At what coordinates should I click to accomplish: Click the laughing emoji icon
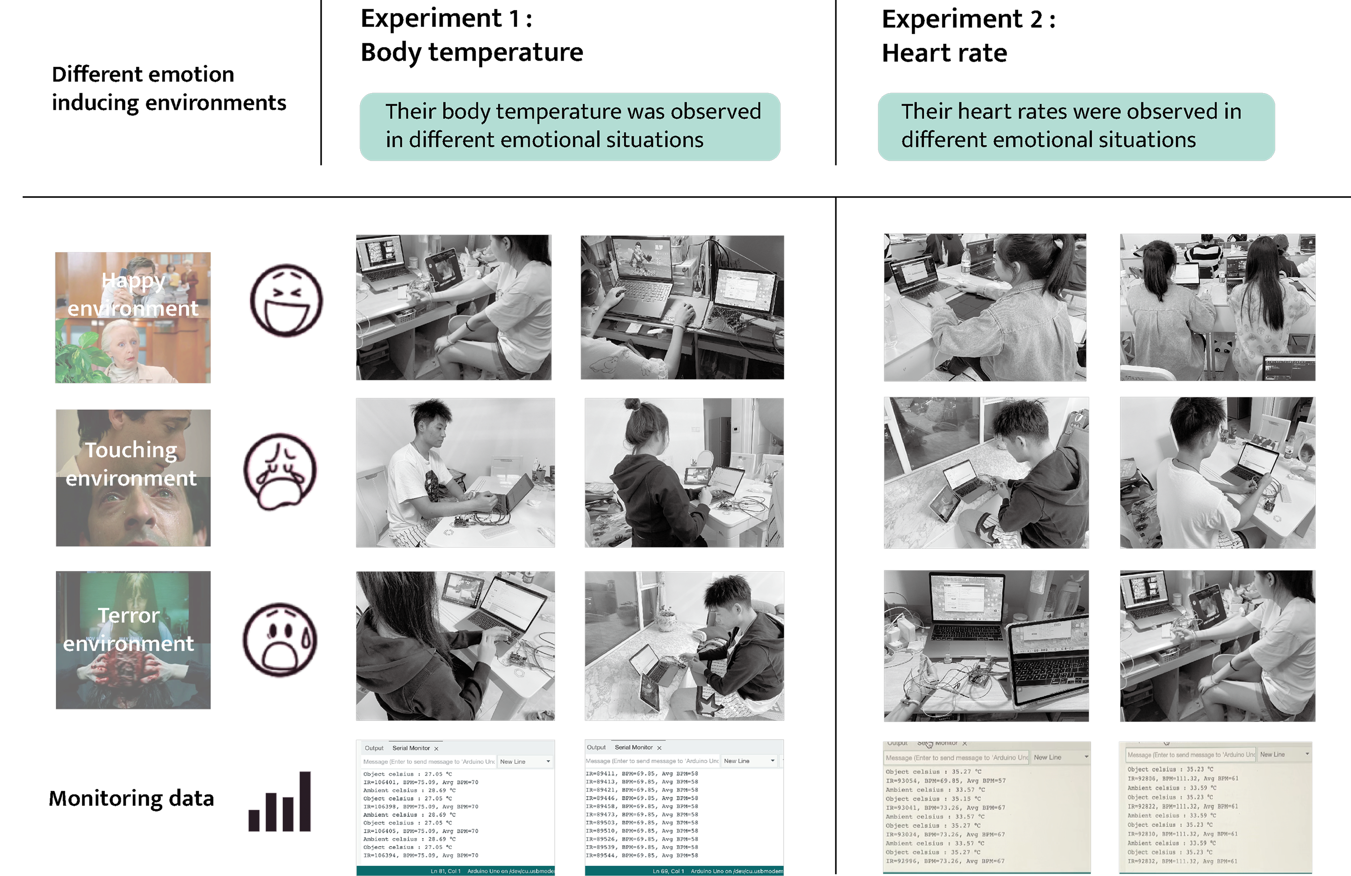(286, 301)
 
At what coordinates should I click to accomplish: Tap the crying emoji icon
(281, 470)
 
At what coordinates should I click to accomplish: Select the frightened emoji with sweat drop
(279, 640)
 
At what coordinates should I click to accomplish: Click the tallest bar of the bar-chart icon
(305, 801)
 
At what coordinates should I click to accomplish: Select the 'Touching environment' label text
(131, 464)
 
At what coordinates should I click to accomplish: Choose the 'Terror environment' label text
(129, 629)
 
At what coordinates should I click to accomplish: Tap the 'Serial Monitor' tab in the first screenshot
(411, 748)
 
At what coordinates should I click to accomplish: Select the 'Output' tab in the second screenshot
(596, 747)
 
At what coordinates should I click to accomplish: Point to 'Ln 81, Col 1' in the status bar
(445, 871)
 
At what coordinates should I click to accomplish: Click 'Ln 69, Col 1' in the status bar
(668, 871)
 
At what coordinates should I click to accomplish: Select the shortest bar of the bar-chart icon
(254, 820)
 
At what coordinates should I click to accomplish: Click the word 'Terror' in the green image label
(129, 615)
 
